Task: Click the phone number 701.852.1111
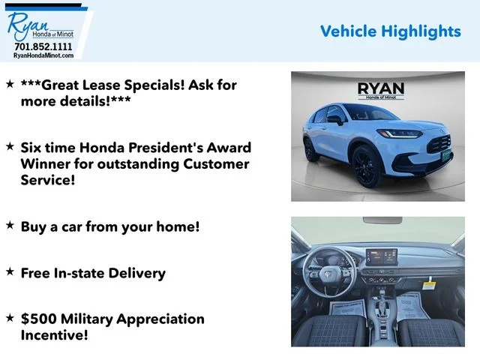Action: [43, 46]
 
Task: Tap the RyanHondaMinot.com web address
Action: [43, 55]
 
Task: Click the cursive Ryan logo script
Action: [27, 25]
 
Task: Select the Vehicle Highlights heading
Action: [391, 31]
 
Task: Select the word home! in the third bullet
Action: [178, 226]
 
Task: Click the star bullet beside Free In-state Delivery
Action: [10, 271]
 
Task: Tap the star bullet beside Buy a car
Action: [10, 225]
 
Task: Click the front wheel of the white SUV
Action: [367, 166]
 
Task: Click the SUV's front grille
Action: [439, 144]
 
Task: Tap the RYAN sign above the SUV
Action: [381, 91]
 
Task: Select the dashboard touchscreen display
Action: [382, 256]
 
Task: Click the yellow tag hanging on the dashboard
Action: [429, 284]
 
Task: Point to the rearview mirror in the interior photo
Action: [382, 220]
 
